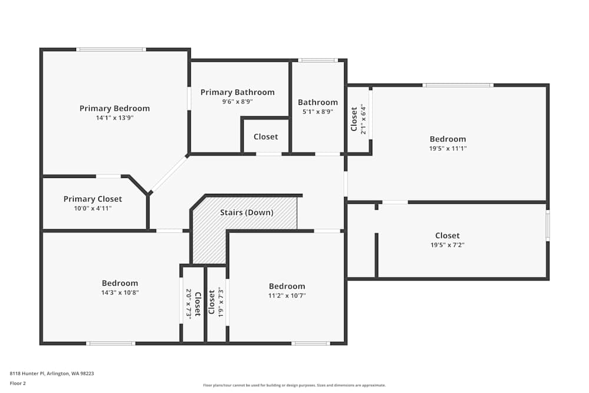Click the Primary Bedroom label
[x=114, y=108]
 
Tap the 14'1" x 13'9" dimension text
[x=114, y=118]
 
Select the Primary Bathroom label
[x=237, y=92]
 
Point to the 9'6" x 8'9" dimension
[x=237, y=101]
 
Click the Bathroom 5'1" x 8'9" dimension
[x=317, y=111]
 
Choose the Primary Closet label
[x=93, y=199]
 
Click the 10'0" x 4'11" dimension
[x=93, y=209]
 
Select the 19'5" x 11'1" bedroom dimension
[x=448, y=148]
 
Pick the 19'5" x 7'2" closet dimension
[x=448, y=245]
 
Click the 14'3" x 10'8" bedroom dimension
[x=120, y=292]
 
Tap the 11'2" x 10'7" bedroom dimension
[x=287, y=296]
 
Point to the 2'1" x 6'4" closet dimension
[x=363, y=120]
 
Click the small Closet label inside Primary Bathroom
[x=266, y=137]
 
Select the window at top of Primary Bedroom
[x=111, y=49]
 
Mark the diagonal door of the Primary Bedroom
[x=169, y=174]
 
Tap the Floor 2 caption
[x=18, y=383]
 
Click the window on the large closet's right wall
[x=547, y=226]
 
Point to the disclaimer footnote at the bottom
[x=294, y=385]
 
